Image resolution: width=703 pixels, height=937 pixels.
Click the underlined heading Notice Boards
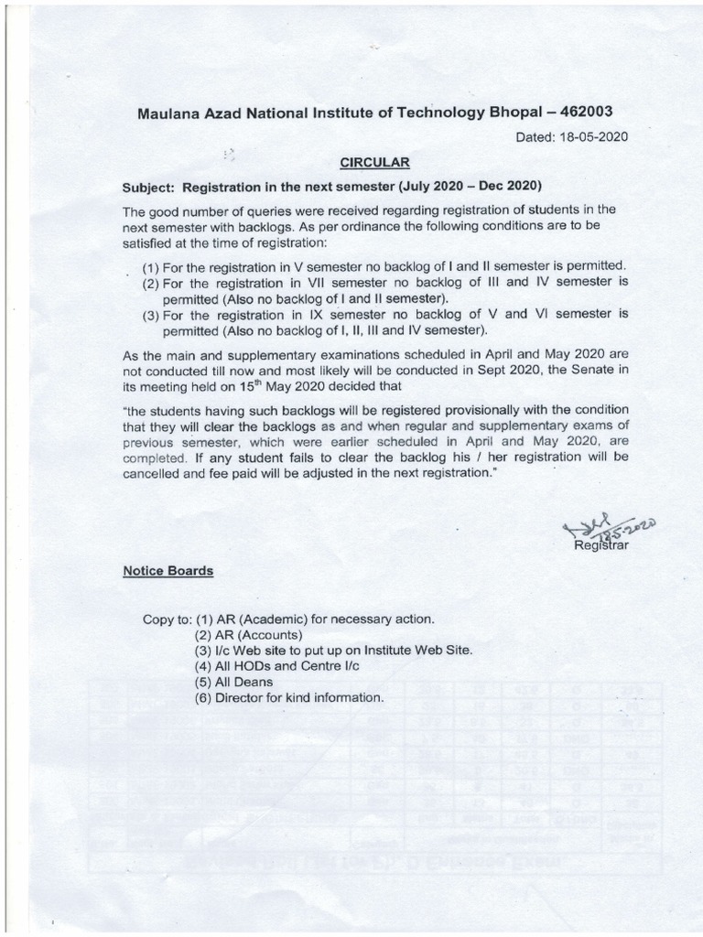coord(168,570)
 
